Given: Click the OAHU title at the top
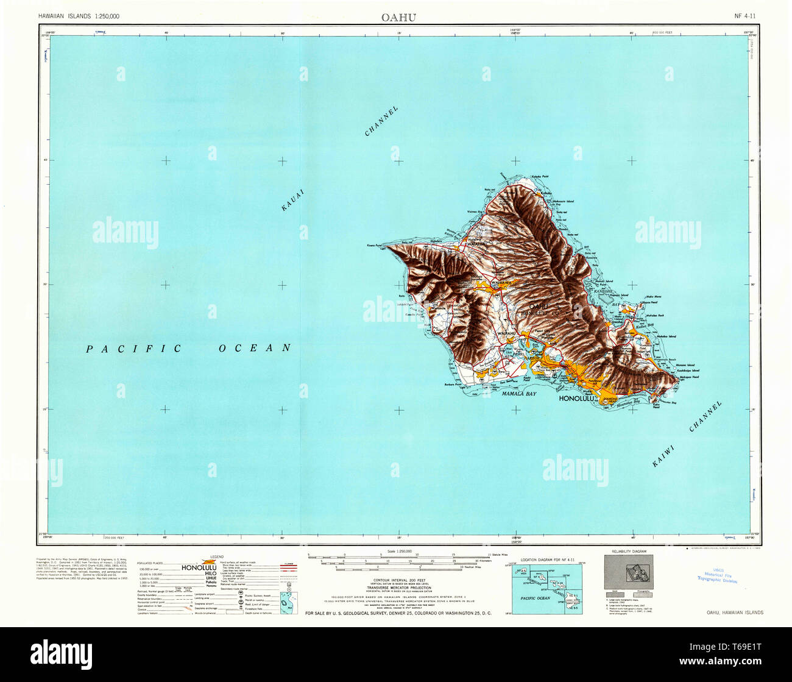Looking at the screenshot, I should [x=398, y=17].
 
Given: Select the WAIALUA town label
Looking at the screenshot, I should [x=475, y=244].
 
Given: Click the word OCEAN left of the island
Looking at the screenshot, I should [x=255, y=348].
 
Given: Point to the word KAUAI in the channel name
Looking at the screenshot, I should [x=292, y=200].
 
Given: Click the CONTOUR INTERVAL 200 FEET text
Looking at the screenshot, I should [x=398, y=580].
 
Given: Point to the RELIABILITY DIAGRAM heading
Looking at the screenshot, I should [x=631, y=552].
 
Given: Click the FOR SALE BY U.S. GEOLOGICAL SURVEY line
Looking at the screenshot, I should [x=398, y=613].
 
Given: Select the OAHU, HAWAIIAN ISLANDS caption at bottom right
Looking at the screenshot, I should [x=735, y=613].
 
